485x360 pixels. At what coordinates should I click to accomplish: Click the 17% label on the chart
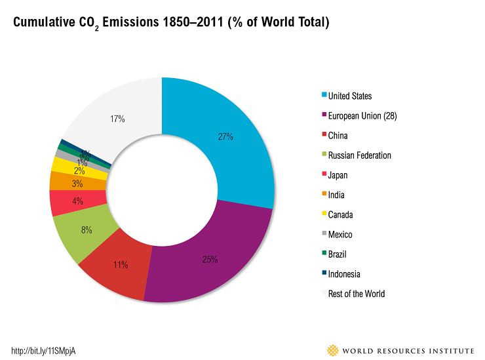pos(117,119)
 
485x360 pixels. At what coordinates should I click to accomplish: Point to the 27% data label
pos(225,137)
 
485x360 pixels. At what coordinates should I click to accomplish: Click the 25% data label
pos(210,260)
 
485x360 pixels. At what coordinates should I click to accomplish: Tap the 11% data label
pos(120,265)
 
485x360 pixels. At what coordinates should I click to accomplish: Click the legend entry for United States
pos(349,96)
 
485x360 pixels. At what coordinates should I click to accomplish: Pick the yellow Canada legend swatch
pos(322,214)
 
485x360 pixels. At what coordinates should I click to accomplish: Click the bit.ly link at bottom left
pos(48,350)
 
